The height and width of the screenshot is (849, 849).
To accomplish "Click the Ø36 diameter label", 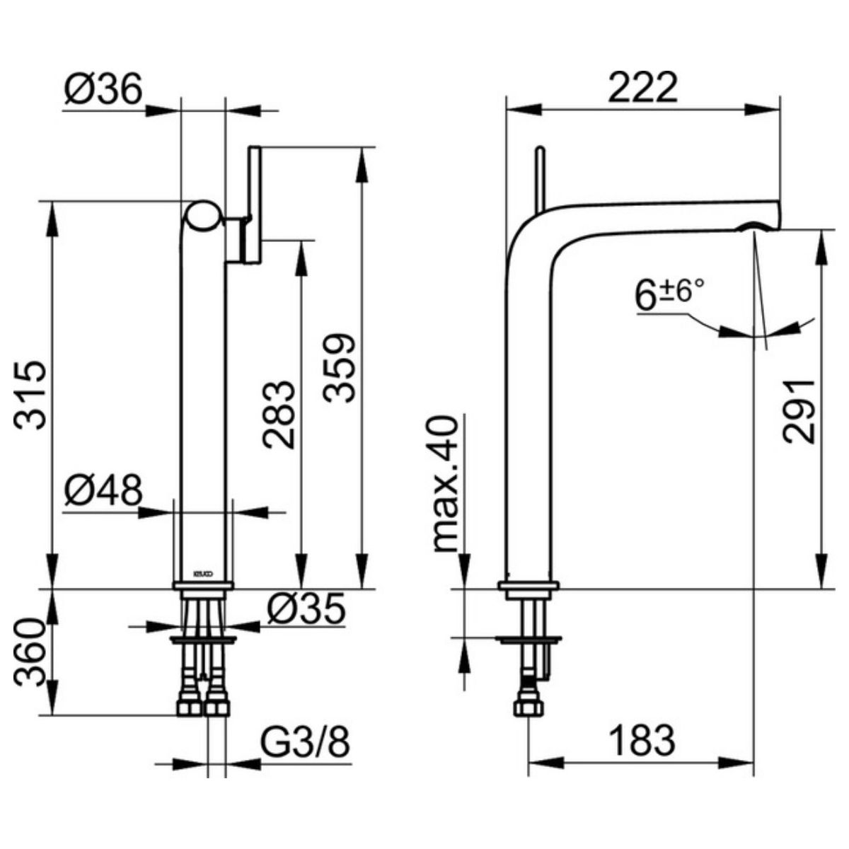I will click(103, 90).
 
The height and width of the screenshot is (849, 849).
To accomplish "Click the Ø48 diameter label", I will click(103, 490).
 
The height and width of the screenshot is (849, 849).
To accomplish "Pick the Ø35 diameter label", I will click(306, 608).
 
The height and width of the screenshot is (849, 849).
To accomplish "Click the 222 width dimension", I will click(643, 88).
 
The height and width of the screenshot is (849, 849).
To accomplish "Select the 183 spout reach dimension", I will click(642, 741).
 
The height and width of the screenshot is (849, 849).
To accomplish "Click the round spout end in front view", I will click(204, 216).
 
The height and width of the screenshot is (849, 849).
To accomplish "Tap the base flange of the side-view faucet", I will click(529, 585).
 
